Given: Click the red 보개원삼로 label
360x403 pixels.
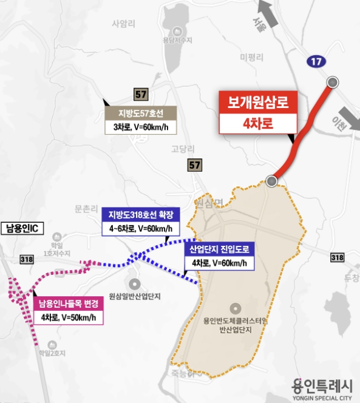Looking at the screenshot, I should [x=258, y=101].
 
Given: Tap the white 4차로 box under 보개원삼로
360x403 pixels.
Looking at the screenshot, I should [x=258, y=123].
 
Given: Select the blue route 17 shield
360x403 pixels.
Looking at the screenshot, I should [x=314, y=61].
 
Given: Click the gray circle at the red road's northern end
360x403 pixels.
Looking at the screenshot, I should [x=332, y=83].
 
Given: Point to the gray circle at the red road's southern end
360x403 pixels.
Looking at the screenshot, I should [x=272, y=181].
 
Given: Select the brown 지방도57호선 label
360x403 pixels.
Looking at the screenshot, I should [x=140, y=113].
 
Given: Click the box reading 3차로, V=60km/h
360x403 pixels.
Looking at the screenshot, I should [x=140, y=127].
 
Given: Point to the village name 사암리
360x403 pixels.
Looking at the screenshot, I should [x=122, y=25].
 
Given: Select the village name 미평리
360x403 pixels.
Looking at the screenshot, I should [x=251, y=58].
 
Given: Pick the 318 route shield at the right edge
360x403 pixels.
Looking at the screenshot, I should [x=337, y=257].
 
